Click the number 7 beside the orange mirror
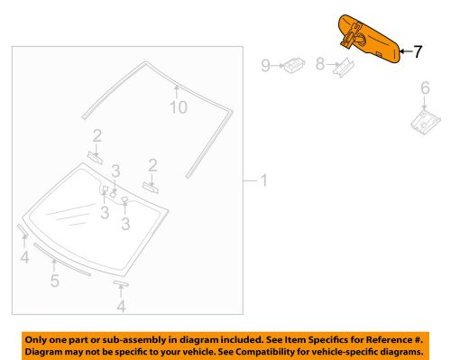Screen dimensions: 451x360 [x=418, y=51]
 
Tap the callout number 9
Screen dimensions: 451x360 [x=265, y=65]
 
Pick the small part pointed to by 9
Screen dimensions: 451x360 [x=293, y=66]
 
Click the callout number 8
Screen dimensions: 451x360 [x=320, y=64]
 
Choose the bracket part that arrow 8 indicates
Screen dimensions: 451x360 [x=344, y=68]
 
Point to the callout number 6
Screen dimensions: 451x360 [x=425, y=88]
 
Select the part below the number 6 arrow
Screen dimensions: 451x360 [x=425, y=122]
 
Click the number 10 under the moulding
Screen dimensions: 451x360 [x=179, y=107]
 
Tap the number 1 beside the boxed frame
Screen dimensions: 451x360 [x=264, y=180]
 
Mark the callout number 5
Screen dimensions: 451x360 [x=55, y=281]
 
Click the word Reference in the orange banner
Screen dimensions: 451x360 [x=389, y=340]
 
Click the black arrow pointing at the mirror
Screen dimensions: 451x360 [x=406, y=51]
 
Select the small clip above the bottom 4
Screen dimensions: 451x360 [x=121, y=283]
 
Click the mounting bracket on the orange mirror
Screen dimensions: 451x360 [x=353, y=35]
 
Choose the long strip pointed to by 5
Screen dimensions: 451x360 [x=62, y=259]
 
